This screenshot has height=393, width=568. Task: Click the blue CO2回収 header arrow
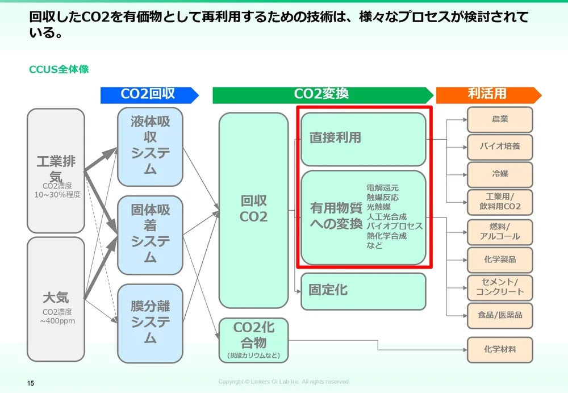(x=149, y=95)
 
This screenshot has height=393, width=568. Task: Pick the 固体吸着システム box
(x=150, y=234)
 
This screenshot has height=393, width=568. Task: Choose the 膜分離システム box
(x=150, y=323)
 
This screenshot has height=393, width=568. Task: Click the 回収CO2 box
(x=253, y=210)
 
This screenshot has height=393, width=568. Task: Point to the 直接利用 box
(x=363, y=138)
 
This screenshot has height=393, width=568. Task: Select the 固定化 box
(x=363, y=291)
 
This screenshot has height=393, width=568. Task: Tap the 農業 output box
(x=500, y=119)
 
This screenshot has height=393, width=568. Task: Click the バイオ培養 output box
(x=500, y=147)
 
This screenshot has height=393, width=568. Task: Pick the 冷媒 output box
(x=500, y=174)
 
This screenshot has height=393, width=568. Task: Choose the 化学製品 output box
(x=500, y=260)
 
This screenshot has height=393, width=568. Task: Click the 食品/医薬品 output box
(x=500, y=315)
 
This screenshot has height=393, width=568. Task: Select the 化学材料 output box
(x=500, y=349)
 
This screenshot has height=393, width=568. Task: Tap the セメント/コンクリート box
(x=500, y=287)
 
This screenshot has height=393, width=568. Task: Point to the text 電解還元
(x=383, y=187)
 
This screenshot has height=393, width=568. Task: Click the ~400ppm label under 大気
(x=57, y=321)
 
